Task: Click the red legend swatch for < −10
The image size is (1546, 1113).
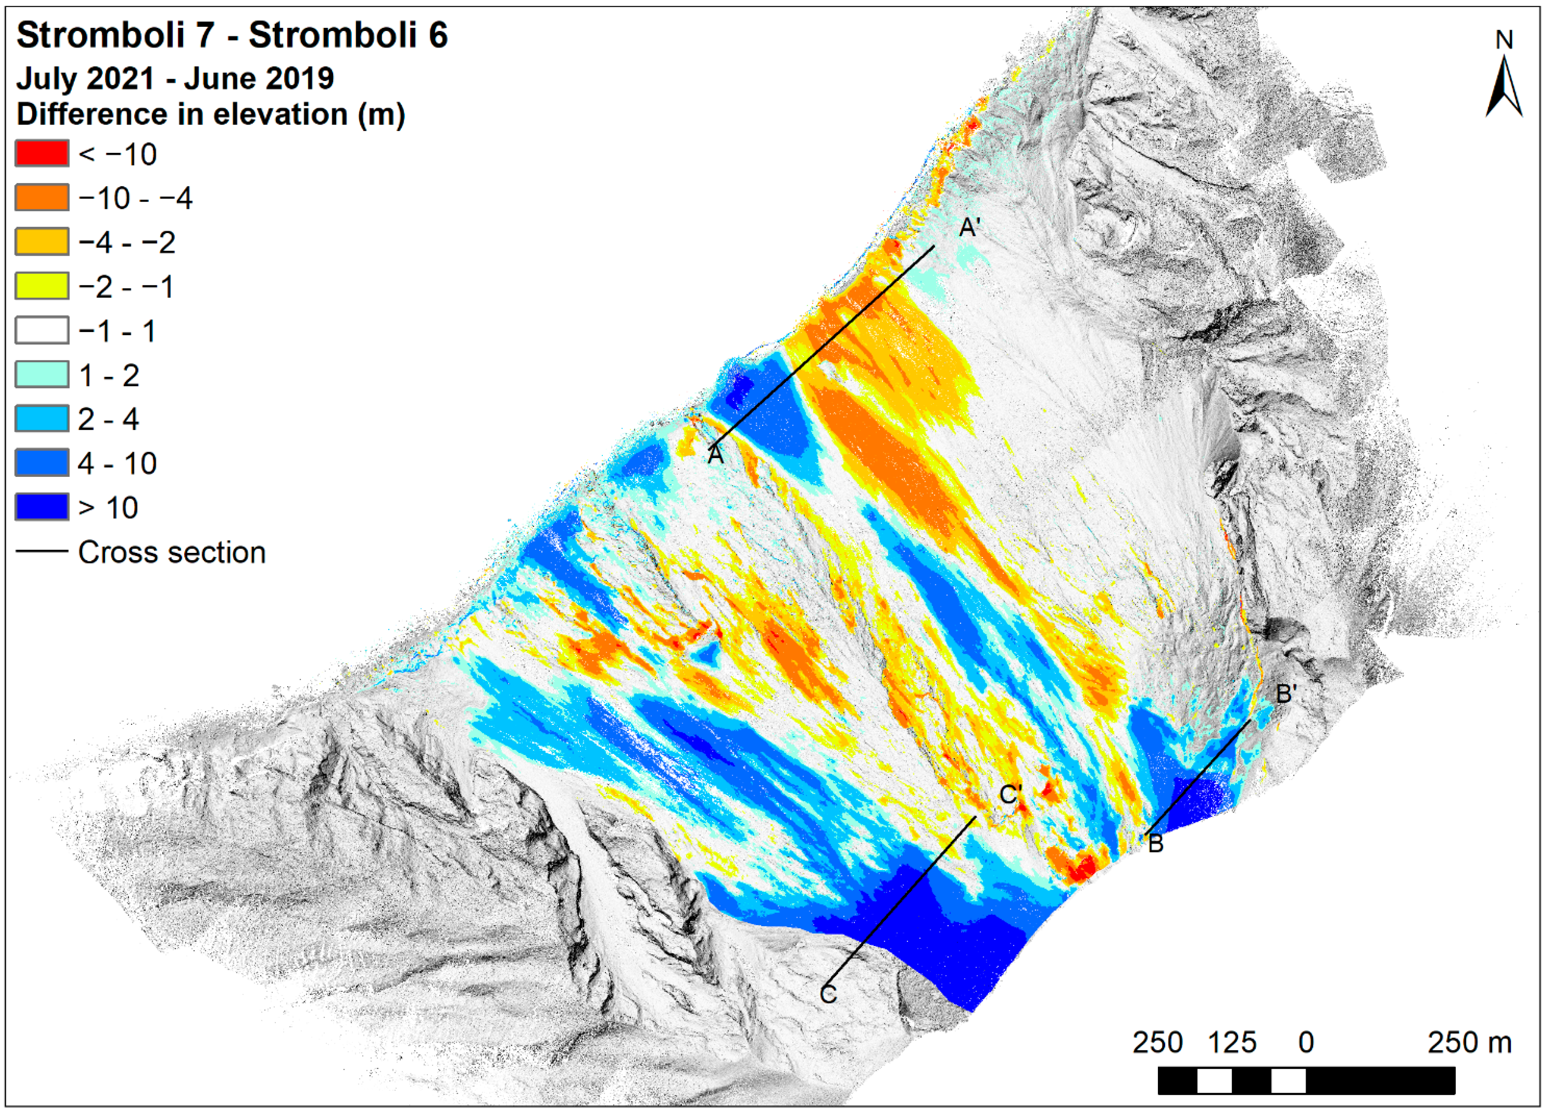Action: coord(42,154)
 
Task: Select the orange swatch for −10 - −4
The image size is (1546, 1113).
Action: coord(42,198)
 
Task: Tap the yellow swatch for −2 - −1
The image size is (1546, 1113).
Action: coord(42,286)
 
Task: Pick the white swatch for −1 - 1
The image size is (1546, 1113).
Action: coord(42,330)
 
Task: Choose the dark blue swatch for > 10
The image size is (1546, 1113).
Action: coord(42,507)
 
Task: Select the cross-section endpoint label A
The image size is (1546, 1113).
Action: coord(715,455)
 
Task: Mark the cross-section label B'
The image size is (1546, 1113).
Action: coord(1285,694)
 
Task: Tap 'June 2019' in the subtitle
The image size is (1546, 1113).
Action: coord(259,78)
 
